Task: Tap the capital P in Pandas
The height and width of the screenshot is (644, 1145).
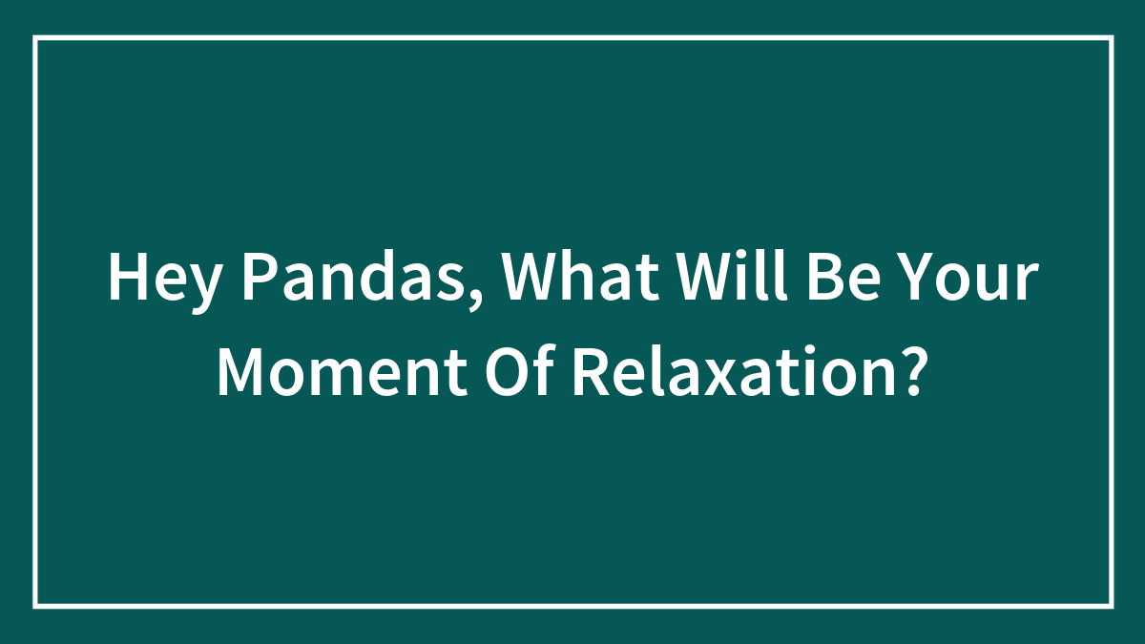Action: tap(254, 280)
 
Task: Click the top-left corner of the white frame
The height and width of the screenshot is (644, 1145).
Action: tap(35, 38)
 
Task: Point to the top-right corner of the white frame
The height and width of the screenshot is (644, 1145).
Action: tap(1111, 38)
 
